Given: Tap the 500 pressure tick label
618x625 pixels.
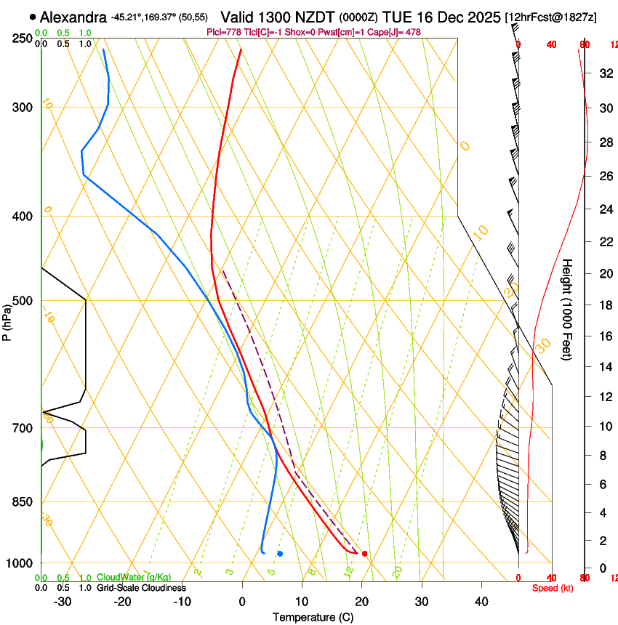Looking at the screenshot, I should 23,301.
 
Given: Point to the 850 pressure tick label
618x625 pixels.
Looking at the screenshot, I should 23,501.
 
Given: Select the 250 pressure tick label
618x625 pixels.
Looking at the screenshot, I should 23,38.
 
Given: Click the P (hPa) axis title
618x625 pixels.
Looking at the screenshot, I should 7,320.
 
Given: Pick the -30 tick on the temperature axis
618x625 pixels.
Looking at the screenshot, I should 63,601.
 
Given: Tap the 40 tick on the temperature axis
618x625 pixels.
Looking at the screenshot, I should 481,601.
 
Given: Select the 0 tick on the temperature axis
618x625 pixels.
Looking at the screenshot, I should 242,601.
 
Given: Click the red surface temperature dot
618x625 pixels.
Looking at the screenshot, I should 364,554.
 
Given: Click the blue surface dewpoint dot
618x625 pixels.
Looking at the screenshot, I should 280,554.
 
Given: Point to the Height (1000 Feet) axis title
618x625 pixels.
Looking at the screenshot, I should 567,309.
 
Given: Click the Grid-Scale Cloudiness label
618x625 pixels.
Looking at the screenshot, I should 141,588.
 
